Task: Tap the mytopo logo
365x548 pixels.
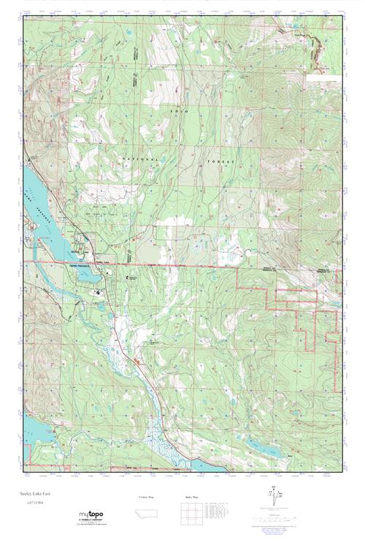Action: pyautogui.click(x=90, y=515)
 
